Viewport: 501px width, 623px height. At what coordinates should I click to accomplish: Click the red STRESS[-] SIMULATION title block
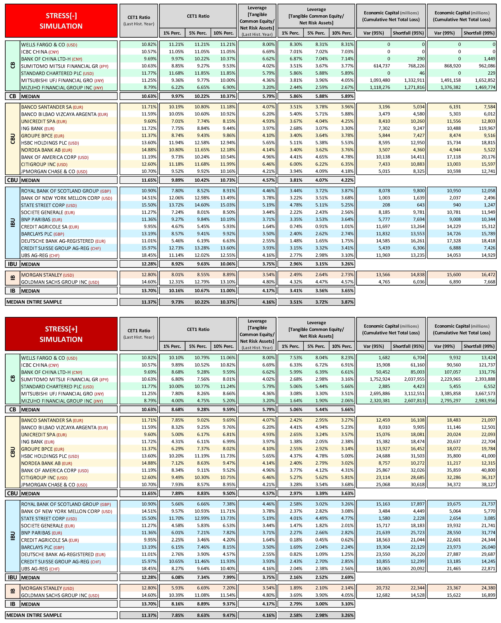point(61,21)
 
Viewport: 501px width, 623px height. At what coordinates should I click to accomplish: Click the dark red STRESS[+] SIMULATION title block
point(61,334)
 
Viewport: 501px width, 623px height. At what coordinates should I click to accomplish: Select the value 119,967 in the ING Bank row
point(487,128)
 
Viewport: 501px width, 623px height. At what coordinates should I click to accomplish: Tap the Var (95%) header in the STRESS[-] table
point(374,33)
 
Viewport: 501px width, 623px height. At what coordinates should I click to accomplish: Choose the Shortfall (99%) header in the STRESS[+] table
point(479,346)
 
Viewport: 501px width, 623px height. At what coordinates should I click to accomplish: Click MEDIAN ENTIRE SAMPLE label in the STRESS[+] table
point(34,615)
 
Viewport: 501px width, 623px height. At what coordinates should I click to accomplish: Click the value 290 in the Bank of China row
point(421,59)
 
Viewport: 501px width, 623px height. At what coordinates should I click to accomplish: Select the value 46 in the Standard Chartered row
point(422,73)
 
